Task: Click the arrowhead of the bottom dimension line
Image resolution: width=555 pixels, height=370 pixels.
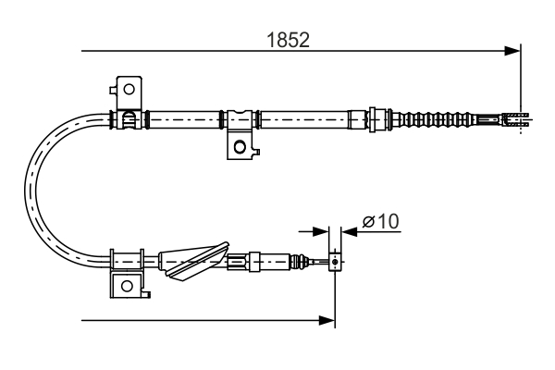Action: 327,320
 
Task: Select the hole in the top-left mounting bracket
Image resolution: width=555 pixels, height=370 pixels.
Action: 128,90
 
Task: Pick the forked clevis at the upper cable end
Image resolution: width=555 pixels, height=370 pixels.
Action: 516,117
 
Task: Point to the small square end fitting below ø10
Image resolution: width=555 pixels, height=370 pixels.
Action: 335,263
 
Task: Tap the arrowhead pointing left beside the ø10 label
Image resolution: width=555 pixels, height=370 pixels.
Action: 349,231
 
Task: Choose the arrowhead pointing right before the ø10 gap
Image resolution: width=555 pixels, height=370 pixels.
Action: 320,231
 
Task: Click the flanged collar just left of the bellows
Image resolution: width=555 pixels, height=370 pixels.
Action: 377,118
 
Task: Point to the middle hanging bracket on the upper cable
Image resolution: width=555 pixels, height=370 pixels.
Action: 240,134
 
